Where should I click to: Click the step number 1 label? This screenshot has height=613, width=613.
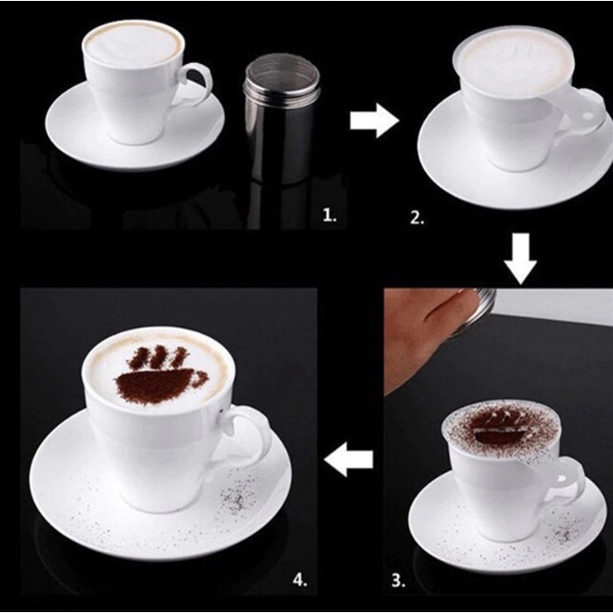[x=329, y=214]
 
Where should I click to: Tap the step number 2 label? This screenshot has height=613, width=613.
[x=417, y=217]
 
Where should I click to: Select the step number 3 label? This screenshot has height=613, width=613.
[x=399, y=581]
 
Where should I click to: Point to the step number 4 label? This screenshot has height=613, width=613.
[x=300, y=580]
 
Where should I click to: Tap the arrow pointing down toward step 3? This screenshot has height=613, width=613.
[x=520, y=258]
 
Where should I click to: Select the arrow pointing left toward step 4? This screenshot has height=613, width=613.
[x=349, y=459]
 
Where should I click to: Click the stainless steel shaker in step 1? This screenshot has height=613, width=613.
[x=282, y=119]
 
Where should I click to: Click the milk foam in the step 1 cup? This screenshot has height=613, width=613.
[x=134, y=43]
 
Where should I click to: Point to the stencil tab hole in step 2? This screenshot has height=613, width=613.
[x=588, y=116]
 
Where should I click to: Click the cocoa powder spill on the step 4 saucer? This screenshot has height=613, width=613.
[x=236, y=496]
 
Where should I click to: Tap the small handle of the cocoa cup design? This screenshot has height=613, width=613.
[x=200, y=377]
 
